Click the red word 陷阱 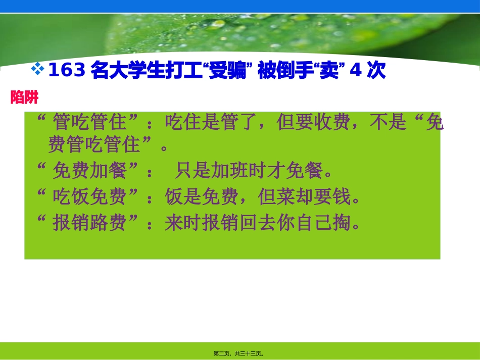click(x=25, y=98)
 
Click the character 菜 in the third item click(x=285, y=197)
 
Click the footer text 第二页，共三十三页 click(x=238, y=353)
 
